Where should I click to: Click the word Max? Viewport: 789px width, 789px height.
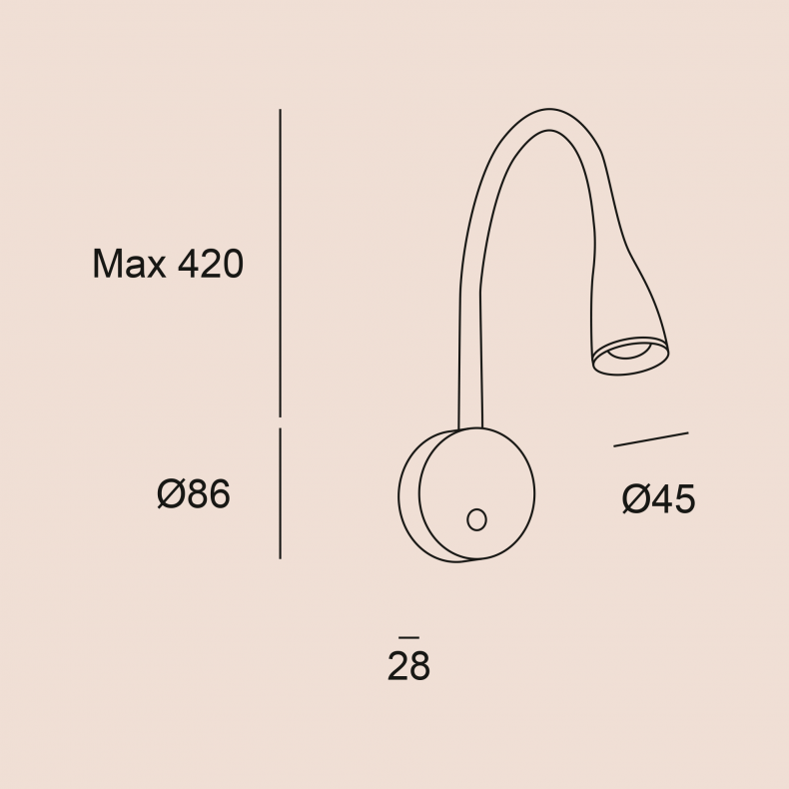(129, 264)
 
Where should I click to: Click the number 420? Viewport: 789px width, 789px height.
(211, 264)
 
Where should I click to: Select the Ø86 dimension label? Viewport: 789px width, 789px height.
(194, 493)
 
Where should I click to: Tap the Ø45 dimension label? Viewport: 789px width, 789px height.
(659, 498)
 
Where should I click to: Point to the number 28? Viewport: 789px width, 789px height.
(408, 666)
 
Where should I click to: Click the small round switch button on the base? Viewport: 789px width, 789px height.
(476, 519)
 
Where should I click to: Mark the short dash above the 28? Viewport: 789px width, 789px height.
(408, 637)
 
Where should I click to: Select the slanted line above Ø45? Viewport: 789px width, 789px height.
(650, 439)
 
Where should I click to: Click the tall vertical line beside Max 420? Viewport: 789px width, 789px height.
(281, 263)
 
